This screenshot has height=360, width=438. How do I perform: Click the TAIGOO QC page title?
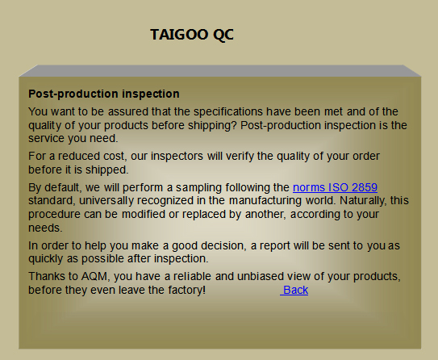(x=192, y=35)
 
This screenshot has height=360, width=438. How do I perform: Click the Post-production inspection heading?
(x=104, y=94)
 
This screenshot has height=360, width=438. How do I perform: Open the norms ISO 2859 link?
(x=335, y=187)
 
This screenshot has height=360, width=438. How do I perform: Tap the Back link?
(x=294, y=290)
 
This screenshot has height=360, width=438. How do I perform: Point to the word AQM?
(x=94, y=276)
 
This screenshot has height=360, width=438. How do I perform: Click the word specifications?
(x=228, y=112)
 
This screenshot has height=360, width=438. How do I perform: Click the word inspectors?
(x=177, y=157)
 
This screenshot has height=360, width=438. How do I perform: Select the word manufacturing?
(x=265, y=201)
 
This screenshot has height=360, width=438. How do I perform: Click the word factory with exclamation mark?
(x=187, y=290)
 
